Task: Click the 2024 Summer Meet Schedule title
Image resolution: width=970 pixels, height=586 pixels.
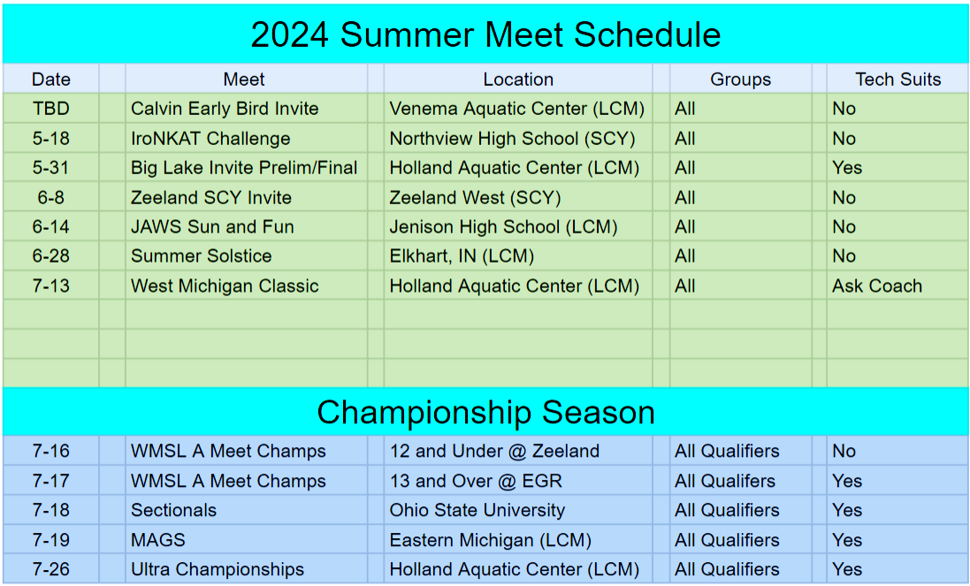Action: tap(485, 34)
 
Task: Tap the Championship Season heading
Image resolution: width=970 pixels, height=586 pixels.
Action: tap(485, 412)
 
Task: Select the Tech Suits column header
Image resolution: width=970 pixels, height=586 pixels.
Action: tap(897, 80)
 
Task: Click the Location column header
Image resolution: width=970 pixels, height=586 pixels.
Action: tap(518, 80)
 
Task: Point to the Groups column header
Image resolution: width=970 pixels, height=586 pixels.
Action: tap(740, 80)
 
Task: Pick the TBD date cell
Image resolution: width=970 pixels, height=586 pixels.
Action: tap(51, 109)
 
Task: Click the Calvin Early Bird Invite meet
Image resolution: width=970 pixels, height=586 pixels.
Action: tap(225, 109)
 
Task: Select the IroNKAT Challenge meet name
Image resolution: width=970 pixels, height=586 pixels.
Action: tap(210, 139)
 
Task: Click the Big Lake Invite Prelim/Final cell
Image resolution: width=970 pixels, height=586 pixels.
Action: tap(244, 168)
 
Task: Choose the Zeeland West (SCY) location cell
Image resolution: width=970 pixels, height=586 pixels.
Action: tap(475, 197)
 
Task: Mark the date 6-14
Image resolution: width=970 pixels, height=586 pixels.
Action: tap(51, 227)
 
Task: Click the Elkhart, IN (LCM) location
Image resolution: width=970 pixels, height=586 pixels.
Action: tap(462, 256)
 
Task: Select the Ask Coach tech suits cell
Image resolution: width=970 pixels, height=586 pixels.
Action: tap(876, 286)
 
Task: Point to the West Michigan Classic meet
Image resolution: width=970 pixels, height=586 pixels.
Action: tap(225, 286)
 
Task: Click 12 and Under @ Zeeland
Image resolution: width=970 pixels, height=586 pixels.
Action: tap(494, 452)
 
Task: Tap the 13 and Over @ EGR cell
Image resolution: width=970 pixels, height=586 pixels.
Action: tap(476, 482)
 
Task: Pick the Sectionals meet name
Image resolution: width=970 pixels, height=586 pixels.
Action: tap(173, 511)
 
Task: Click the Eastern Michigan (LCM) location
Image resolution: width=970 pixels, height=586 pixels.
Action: tap(490, 540)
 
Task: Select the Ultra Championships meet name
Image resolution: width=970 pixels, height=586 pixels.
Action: tap(218, 570)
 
